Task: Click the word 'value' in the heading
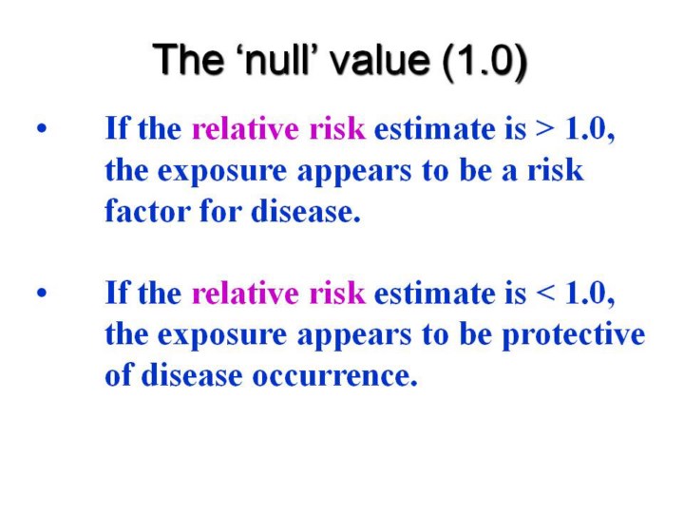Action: pos(379,59)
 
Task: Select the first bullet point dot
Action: pos(42,128)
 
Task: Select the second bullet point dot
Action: pos(42,293)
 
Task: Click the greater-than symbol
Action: pos(545,129)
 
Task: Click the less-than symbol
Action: pos(545,294)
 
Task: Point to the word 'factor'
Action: pos(147,211)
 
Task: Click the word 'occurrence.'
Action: pos(335,376)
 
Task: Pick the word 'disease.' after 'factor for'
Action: pos(306,211)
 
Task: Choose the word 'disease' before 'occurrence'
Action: pos(192,375)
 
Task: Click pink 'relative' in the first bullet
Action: pos(245,128)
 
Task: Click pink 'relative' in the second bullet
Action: pos(245,293)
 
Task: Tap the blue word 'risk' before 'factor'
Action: pos(556,170)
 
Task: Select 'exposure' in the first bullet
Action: pos(222,172)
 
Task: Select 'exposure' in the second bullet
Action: pos(222,336)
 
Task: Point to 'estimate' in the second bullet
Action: pos(434,294)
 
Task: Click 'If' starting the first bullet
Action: pos(118,128)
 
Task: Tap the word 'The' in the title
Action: pos(187,59)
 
